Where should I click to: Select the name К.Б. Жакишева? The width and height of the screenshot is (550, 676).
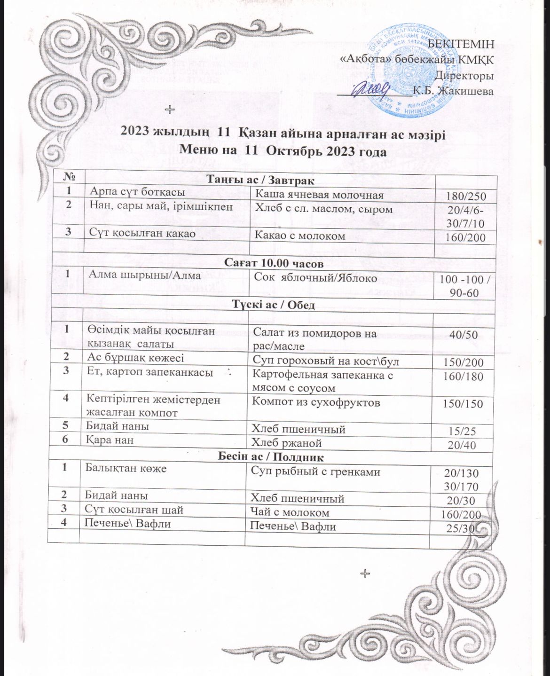(x=452, y=91)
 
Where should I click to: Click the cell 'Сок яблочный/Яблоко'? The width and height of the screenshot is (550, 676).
(x=315, y=278)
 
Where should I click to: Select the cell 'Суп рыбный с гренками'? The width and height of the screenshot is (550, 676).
(x=316, y=472)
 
